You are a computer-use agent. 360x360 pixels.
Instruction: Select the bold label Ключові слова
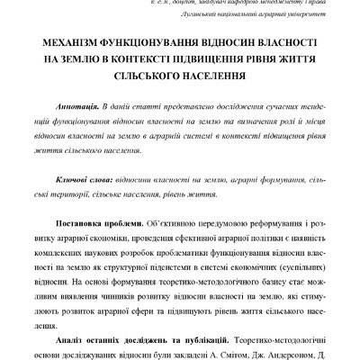click(x=85, y=181)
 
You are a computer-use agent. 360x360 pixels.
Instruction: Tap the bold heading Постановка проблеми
click(x=98, y=221)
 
